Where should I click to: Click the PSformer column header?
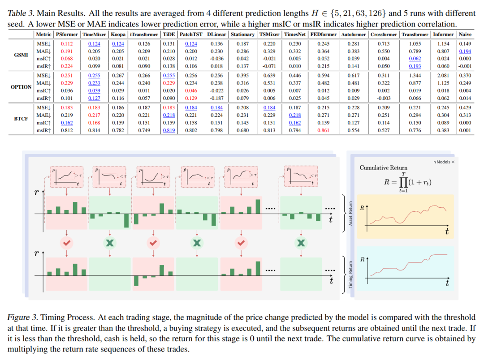pyautogui.click(x=67, y=34)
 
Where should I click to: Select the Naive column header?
pyautogui.click(x=464, y=34)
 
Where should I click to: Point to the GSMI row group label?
pyautogui.click(x=21, y=54)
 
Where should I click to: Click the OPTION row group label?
pyautogui.click(x=21, y=86)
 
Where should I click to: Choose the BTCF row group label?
pyautogui.click(x=21, y=119)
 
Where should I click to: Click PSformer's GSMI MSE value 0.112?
pyautogui.click(x=67, y=43)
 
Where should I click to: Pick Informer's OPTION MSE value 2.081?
pyautogui.click(x=443, y=76)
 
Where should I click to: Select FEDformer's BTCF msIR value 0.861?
pyautogui.click(x=324, y=130)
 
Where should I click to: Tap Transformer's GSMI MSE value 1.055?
pyautogui.click(x=415, y=43)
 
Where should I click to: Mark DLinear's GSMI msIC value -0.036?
pyautogui.click(x=216, y=58)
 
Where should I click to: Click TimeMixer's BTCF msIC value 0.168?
pyautogui.click(x=94, y=123)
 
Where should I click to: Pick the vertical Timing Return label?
pyautogui.click(x=351, y=274)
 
